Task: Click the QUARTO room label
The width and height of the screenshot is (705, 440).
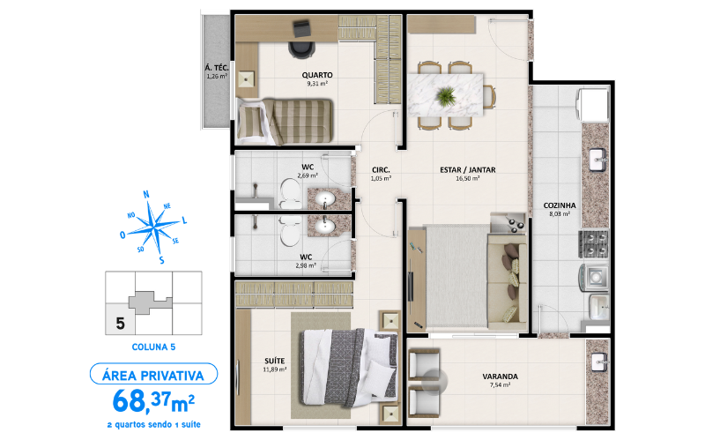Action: pos(315,75)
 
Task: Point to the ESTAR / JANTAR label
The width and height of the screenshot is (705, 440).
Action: pos(467,169)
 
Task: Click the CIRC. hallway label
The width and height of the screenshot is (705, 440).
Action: pos(381,169)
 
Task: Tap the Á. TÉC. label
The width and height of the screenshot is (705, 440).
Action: pos(217,68)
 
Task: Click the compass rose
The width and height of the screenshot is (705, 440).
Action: pos(155,226)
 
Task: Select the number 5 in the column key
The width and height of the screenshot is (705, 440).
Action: pos(119,323)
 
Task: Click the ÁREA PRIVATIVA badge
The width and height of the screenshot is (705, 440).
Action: pos(153,374)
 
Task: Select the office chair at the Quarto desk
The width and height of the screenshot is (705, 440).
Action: pos(302,34)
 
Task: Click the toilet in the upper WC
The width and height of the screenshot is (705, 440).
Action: pos(289,189)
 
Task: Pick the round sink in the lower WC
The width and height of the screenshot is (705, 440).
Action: pos(329,228)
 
